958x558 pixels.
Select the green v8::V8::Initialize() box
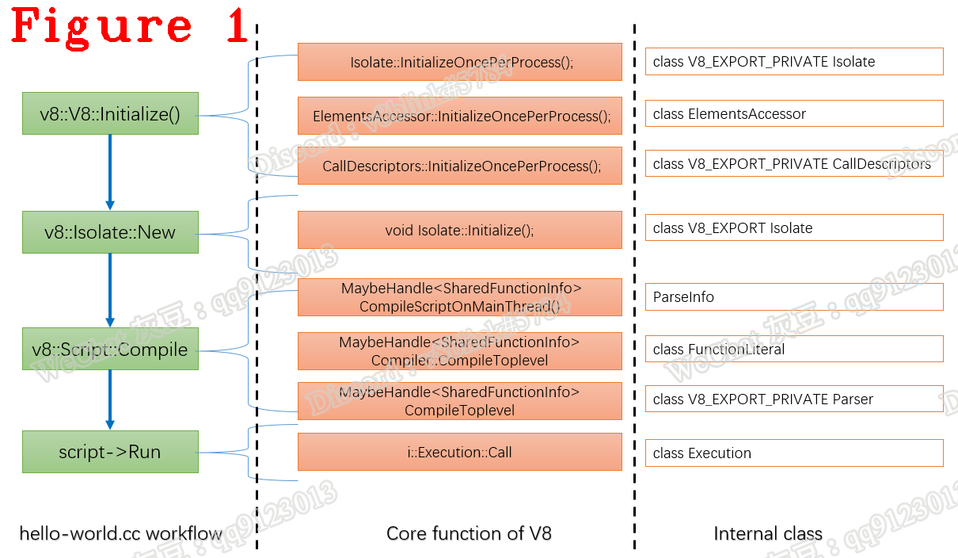point(110,114)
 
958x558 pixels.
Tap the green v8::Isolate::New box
point(110,232)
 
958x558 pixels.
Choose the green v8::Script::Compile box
point(110,350)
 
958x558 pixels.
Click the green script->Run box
point(110,452)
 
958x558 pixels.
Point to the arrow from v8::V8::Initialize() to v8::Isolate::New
point(110,172)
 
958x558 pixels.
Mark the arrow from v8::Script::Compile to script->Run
point(110,399)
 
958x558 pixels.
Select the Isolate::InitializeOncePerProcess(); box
point(460,62)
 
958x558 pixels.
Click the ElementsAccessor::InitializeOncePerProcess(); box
point(460,116)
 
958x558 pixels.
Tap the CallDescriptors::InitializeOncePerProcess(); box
point(460,166)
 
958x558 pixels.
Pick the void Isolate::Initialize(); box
point(460,230)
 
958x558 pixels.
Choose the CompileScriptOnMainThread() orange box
point(460,297)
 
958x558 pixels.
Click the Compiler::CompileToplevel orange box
point(460,351)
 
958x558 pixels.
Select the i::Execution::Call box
point(460,452)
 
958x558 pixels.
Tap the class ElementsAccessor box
point(794,113)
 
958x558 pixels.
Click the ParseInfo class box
point(794,297)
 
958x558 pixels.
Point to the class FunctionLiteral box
point(794,349)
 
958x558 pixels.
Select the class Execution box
point(794,453)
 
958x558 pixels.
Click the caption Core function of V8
point(469,533)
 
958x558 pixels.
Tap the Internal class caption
point(768,533)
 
